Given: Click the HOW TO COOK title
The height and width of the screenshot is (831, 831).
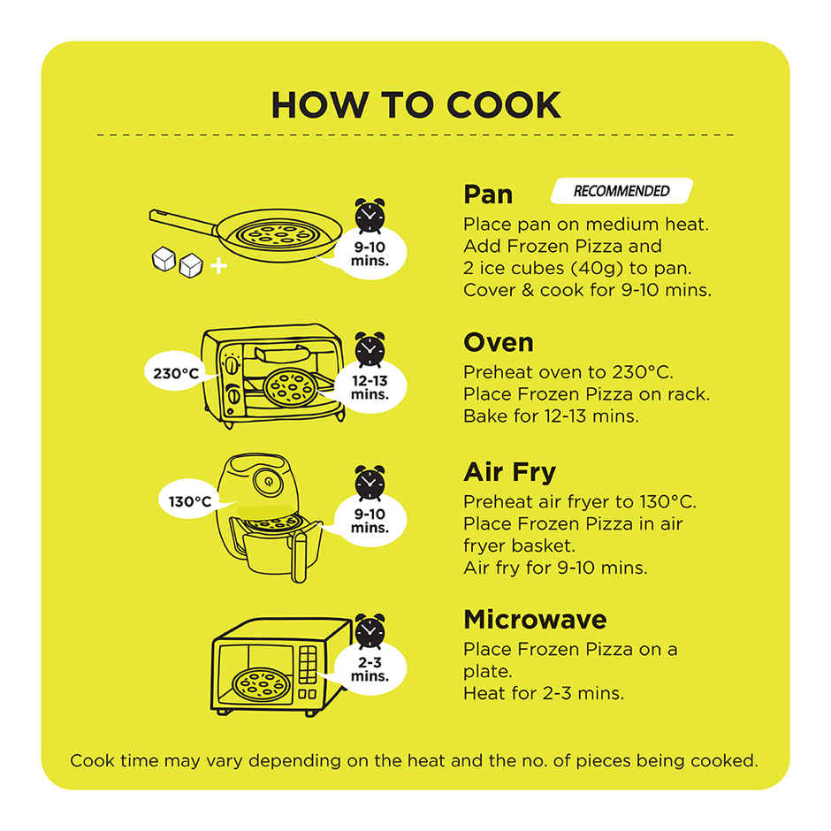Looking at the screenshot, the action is click(415, 105).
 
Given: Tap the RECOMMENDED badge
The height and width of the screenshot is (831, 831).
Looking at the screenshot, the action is click(621, 191).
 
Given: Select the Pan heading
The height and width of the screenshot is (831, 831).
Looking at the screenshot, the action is click(488, 194).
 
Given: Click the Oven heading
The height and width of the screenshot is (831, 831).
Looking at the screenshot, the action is click(499, 342).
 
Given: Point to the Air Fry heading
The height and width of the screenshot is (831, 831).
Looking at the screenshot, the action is click(510, 472).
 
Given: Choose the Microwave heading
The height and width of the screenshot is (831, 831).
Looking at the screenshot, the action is click(535, 620).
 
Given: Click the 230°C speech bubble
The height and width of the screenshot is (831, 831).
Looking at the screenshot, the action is click(176, 372).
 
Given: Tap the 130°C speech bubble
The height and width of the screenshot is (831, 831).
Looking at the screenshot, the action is click(190, 501).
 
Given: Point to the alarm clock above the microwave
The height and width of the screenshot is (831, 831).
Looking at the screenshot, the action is click(370, 631).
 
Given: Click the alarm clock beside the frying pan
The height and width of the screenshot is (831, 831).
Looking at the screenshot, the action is click(370, 217).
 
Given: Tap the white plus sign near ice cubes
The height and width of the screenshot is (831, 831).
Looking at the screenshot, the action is click(218, 265).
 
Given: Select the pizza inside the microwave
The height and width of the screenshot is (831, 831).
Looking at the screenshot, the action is click(262, 685).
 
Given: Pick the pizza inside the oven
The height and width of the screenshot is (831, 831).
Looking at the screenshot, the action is click(291, 387).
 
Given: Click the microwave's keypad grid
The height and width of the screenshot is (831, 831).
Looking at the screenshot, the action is click(308, 664).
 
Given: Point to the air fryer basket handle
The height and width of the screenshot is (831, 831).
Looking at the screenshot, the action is click(300, 556).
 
